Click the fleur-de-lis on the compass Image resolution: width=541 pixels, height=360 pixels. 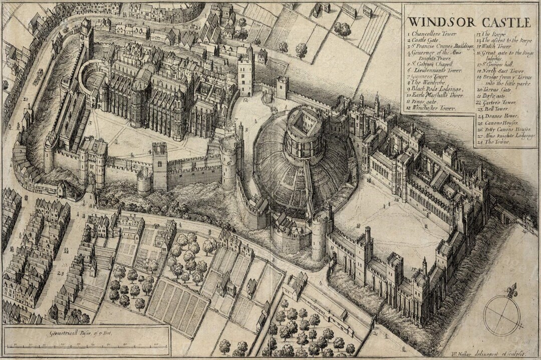511,290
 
